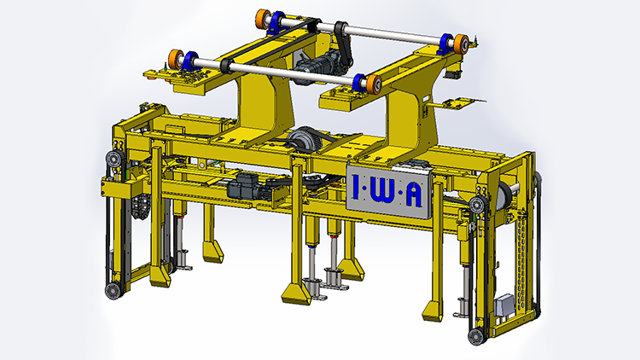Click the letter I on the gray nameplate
coord(355,187)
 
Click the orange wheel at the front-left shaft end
coord(177,60)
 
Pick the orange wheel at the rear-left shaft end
coord(264,19)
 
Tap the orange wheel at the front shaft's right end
coord(374,84)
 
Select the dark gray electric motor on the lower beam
coord(243,186)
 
